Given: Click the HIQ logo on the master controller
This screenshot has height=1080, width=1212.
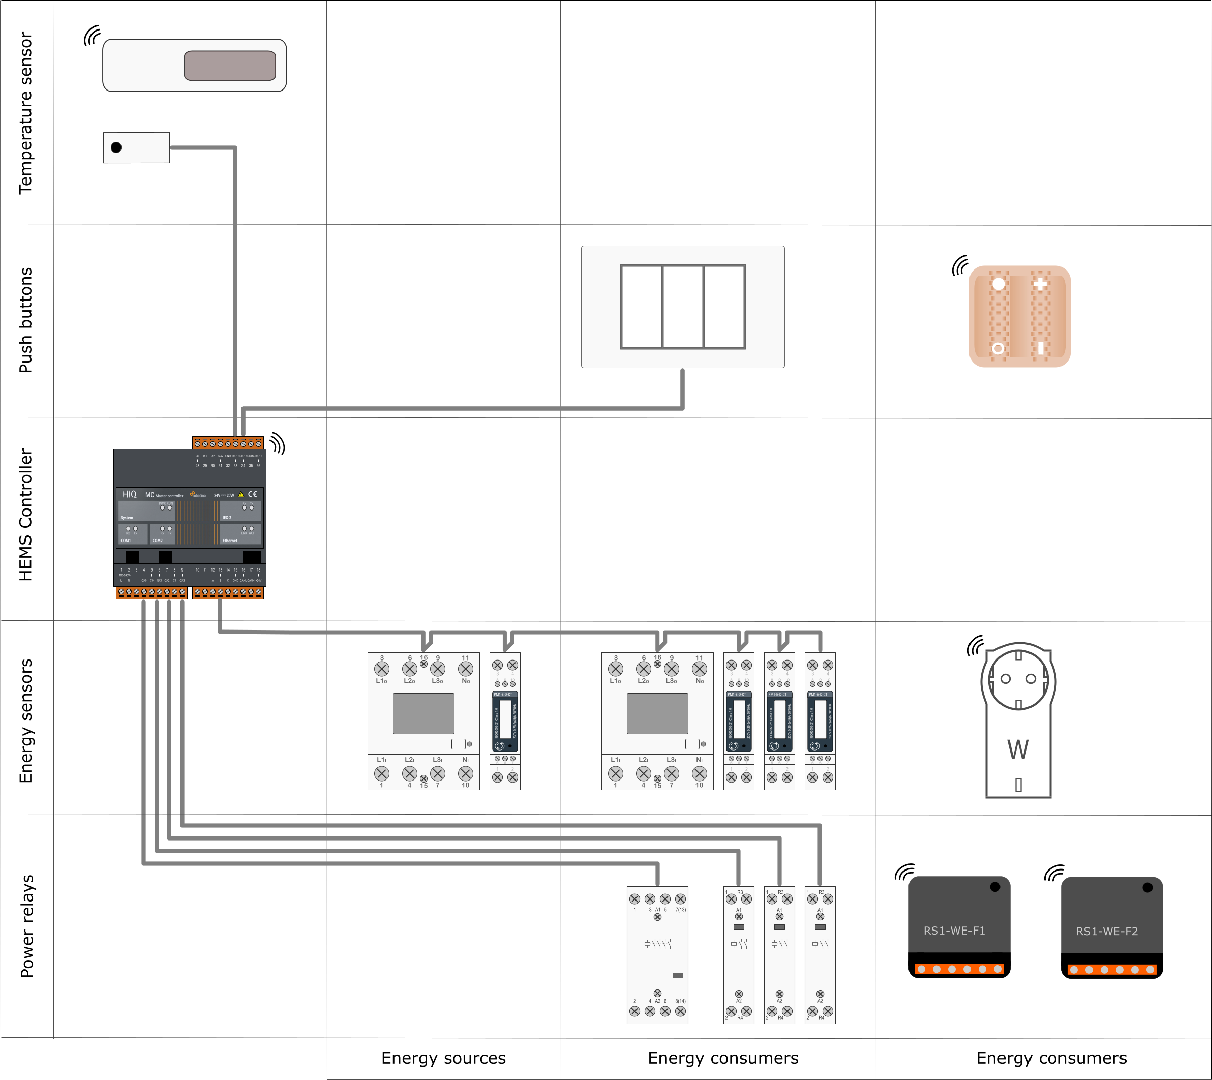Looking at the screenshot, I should coord(129,494).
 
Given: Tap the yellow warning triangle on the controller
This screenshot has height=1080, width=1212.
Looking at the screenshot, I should coord(241,494).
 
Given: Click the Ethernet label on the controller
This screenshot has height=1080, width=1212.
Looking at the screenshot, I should coord(230,541).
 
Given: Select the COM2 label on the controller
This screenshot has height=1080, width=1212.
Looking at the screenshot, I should coord(157,541).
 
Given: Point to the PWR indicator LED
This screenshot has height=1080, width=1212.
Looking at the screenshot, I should coord(162,508).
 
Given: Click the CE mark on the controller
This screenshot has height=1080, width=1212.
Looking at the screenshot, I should coord(253,494).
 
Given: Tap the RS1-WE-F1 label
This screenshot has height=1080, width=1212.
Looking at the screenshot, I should coord(954,931).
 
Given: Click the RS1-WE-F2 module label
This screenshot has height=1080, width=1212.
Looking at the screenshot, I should coord(1107,931).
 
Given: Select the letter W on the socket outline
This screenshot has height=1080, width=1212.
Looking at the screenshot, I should coord(1018,749).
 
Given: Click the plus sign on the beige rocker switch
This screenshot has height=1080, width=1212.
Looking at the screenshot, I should coord(1040,284).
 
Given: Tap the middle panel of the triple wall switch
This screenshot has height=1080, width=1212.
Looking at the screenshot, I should coord(683,306).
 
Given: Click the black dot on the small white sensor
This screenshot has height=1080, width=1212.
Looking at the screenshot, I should coord(116,147).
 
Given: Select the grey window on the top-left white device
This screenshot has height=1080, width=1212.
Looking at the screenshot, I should coord(230,65).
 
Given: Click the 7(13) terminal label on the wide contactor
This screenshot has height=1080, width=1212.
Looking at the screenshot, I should coord(680,909).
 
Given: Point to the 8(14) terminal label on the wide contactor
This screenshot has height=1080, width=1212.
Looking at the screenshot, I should coord(680,1001).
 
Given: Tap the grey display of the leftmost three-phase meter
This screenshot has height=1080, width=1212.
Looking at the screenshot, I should coord(423,713).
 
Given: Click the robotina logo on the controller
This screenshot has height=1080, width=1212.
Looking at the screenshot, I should coord(198,494).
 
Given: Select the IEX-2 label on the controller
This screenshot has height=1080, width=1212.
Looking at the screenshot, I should coord(227,518).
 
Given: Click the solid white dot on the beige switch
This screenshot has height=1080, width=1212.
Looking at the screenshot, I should coord(998,284).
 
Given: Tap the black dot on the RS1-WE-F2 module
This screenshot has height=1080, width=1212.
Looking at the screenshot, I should coord(1147,888).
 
